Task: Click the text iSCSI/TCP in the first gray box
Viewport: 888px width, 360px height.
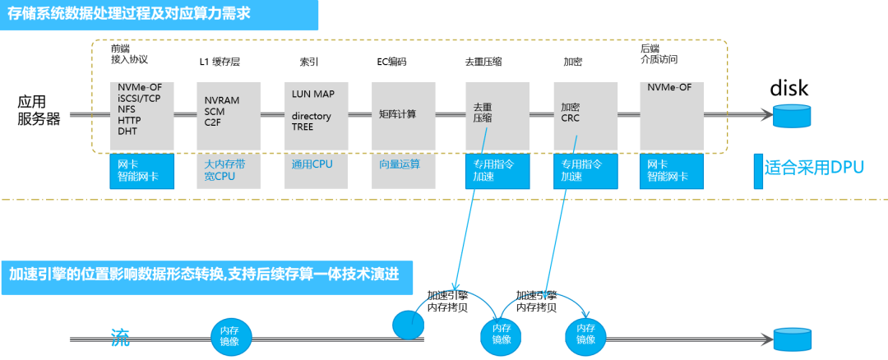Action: pos(138,98)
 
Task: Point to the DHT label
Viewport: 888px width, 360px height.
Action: pos(127,131)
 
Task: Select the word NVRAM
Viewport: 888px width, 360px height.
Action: pos(222,100)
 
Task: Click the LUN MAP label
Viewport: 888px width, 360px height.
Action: pos(313,94)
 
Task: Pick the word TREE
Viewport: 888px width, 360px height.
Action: pos(303,127)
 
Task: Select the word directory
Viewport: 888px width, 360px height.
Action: pos(312,116)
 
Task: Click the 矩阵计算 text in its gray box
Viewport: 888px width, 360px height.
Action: pos(398,113)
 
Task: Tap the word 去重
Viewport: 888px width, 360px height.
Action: pos(482,107)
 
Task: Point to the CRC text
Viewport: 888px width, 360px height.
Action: pos(571,118)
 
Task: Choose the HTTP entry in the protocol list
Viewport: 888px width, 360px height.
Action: pos(130,120)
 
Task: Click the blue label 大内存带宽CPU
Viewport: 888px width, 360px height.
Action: pos(224,170)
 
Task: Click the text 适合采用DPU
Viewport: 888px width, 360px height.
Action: pos(814,168)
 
